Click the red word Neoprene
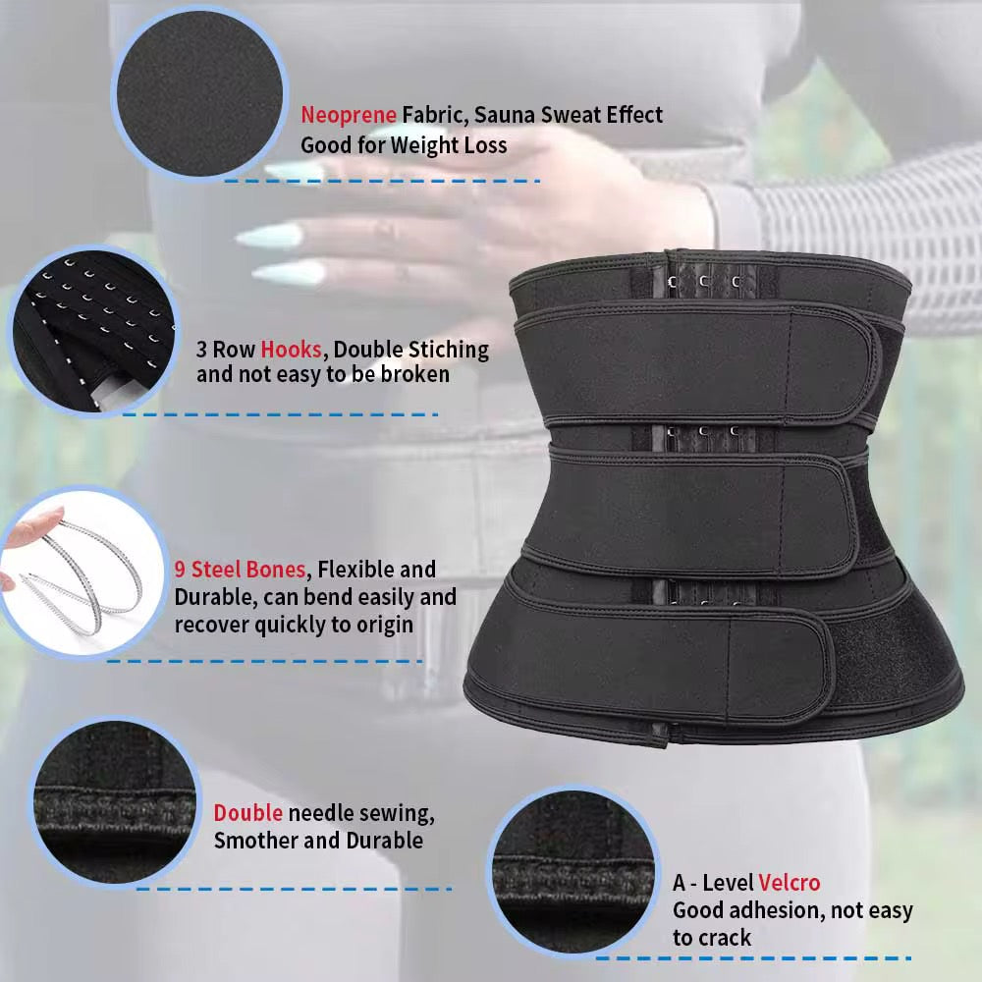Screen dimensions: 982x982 tap(349, 115)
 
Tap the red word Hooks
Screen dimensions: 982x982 tap(292, 350)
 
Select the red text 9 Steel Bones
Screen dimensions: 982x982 tap(240, 570)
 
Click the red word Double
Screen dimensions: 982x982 tap(248, 813)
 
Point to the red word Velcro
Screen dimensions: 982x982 tap(790, 883)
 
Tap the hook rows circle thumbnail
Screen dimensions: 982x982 tap(94, 330)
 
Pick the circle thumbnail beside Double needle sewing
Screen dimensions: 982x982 tap(115, 801)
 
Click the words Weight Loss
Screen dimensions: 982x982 tap(449, 145)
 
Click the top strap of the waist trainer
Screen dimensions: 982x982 tap(698, 363)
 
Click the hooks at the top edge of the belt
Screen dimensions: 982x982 tap(704, 282)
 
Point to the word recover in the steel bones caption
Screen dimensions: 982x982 tap(212, 625)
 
